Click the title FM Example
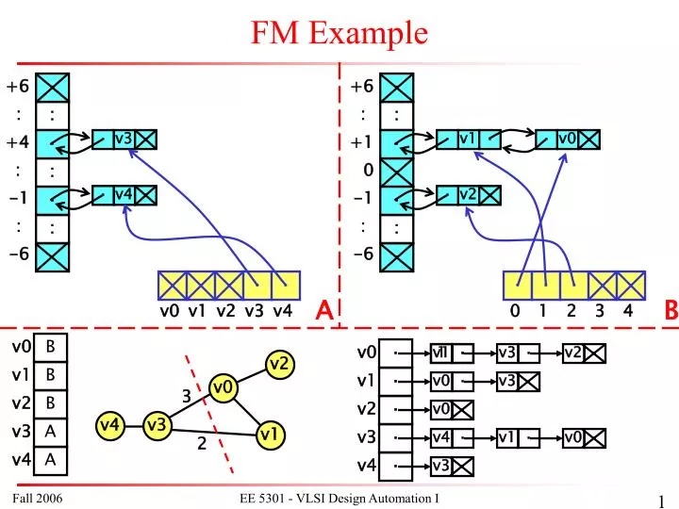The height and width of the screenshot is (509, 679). coord(339,33)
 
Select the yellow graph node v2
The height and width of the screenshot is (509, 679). coord(278,364)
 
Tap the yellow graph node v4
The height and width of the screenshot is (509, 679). coord(110,425)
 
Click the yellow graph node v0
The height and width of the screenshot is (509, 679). coord(224,386)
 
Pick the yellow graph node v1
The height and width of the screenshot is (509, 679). coord(269,435)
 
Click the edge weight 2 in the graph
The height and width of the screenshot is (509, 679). coord(202,445)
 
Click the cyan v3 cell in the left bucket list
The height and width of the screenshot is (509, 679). coord(123,140)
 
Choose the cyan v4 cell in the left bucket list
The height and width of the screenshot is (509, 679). coord(123,194)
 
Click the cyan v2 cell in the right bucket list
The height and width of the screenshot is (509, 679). coord(467,194)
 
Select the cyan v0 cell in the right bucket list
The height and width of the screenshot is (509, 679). coord(566,140)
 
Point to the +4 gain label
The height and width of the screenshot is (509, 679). coord(18,142)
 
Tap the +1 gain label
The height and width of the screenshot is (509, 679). coord(362,142)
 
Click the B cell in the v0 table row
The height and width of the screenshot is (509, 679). coord(51,346)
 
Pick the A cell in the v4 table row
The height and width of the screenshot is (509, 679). coord(51,459)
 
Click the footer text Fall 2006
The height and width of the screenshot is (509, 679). coord(39,497)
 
